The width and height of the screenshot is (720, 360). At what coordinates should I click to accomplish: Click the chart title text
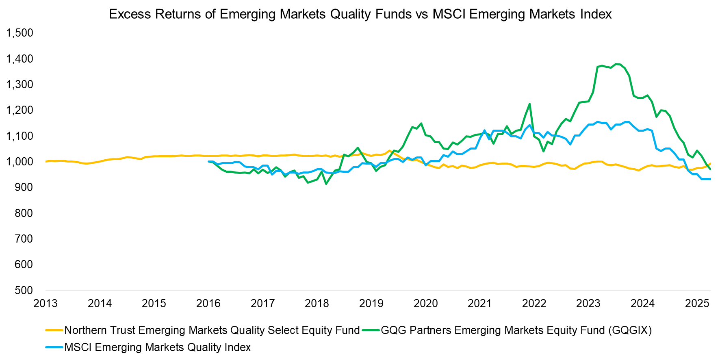360,14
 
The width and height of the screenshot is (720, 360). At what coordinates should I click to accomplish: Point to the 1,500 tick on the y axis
20,33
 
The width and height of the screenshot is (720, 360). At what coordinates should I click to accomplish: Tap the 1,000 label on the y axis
20,162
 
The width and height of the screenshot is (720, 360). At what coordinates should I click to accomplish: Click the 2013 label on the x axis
46,303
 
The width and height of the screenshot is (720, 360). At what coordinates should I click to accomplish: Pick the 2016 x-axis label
208,303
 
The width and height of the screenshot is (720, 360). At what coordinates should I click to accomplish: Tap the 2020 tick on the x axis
425,303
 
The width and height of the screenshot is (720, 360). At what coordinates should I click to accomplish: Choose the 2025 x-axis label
697,303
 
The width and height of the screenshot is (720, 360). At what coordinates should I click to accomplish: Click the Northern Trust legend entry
211,330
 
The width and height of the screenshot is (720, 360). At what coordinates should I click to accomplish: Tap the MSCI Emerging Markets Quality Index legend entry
157,347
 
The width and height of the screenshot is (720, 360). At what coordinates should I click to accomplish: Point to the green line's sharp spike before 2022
529,104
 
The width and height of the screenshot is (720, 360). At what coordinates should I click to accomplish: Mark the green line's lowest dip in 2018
326,184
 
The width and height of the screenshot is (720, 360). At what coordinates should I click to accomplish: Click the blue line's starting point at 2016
209,161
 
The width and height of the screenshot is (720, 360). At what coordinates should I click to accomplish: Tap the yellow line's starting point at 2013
46,161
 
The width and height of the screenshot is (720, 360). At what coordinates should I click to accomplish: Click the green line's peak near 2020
421,124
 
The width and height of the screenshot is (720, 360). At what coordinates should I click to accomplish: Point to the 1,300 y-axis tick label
20,85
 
